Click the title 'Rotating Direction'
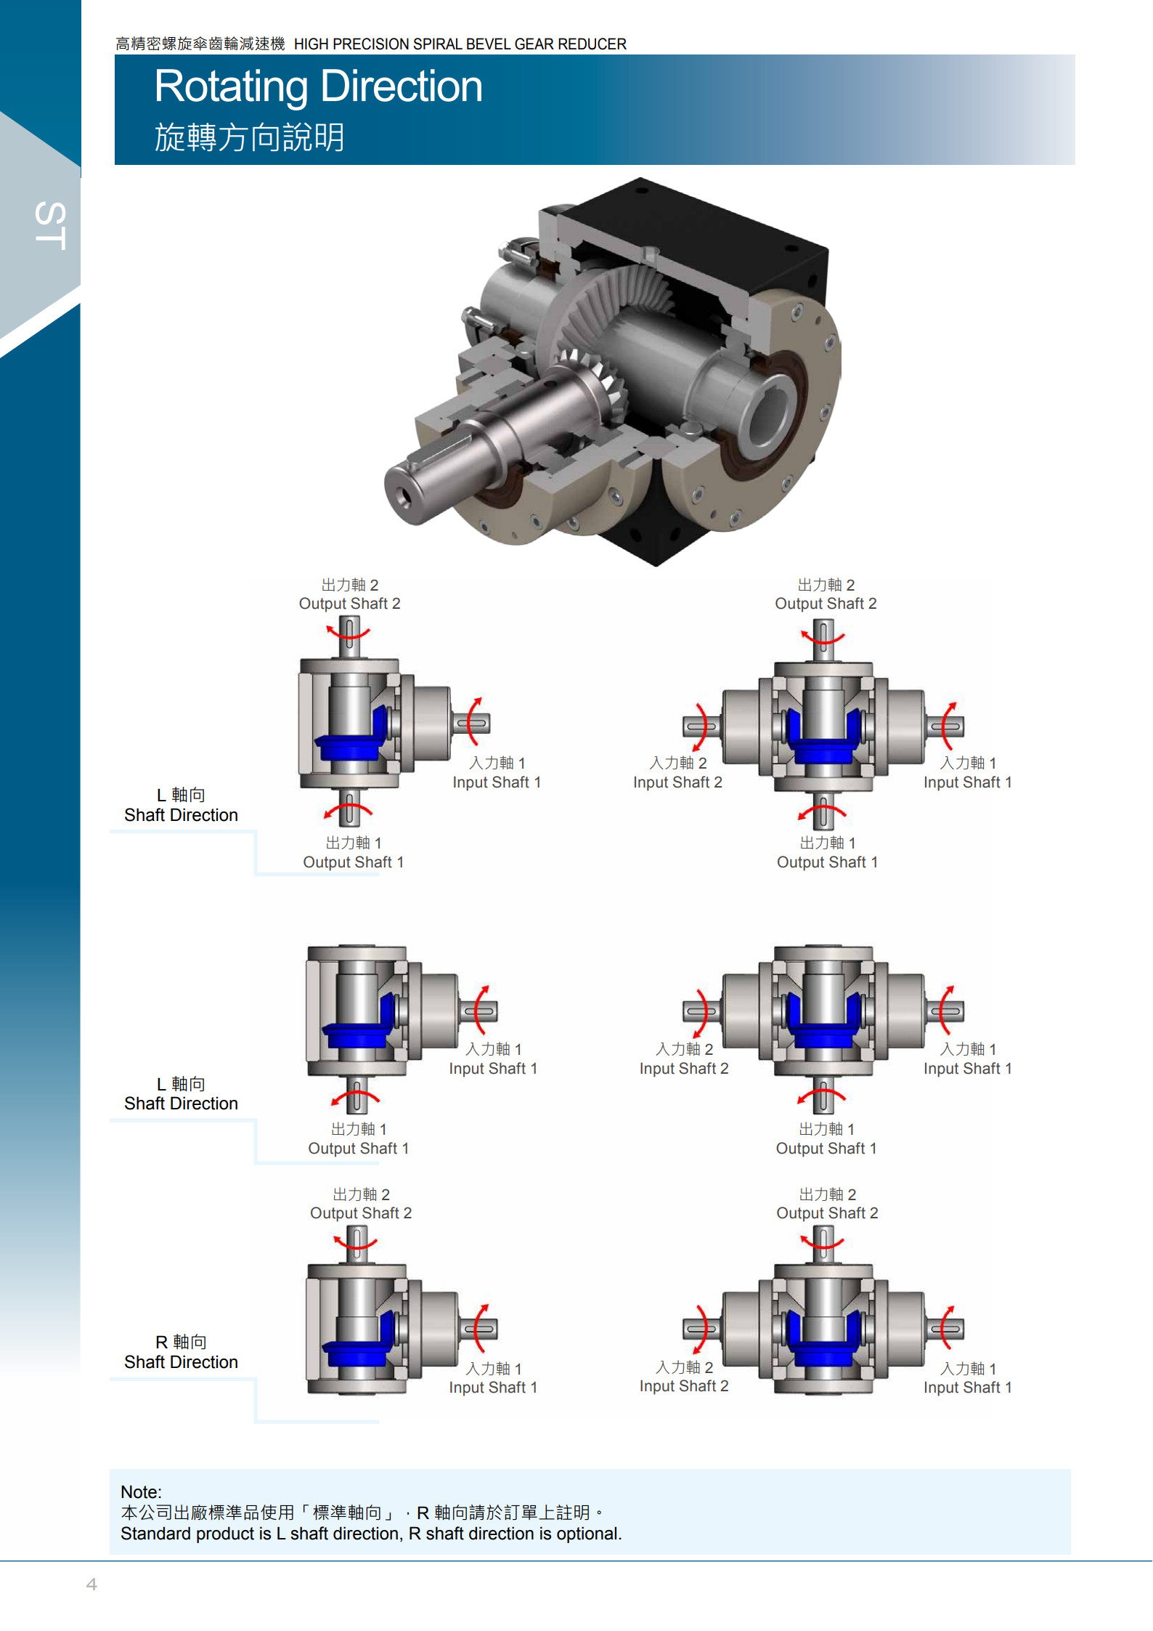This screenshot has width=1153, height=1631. [x=318, y=86]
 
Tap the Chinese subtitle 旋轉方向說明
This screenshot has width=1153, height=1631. [x=249, y=137]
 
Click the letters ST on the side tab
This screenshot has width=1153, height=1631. [x=51, y=226]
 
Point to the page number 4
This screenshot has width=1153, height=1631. [x=91, y=1584]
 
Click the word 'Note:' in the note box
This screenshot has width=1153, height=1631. [x=141, y=1492]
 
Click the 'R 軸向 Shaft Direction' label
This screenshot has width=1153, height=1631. [x=181, y=1352]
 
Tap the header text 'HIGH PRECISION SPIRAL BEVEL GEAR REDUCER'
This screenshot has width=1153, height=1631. [x=460, y=44]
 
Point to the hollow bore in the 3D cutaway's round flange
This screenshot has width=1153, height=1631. [x=767, y=414]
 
